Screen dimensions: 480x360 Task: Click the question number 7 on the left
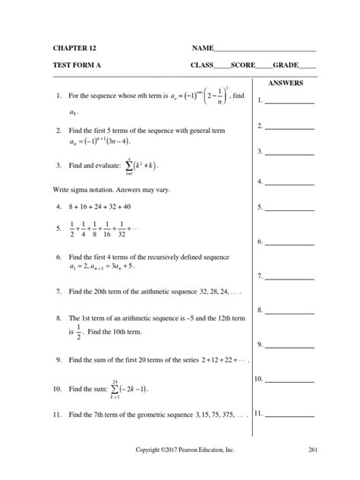click(x=58, y=291)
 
